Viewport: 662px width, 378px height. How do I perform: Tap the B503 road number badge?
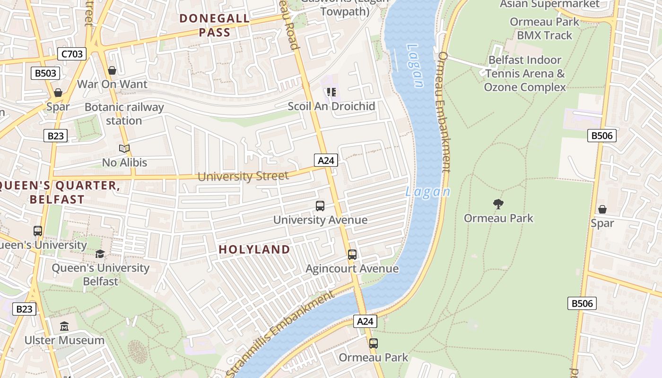click(46, 73)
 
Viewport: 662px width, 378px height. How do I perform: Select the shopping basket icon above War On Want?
click(112, 70)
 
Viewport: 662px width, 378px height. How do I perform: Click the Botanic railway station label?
click(124, 114)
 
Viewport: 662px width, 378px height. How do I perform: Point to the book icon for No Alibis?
click(124, 149)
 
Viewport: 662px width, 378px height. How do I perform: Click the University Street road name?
click(243, 177)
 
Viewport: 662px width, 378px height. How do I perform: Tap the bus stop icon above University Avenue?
click(320, 206)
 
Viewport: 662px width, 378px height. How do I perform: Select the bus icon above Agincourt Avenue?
click(352, 255)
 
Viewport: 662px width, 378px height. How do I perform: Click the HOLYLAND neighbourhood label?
click(254, 249)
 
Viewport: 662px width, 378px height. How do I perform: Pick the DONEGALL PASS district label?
click(215, 26)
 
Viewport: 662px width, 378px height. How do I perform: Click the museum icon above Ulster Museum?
click(64, 326)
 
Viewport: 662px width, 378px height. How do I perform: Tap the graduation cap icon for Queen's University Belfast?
click(100, 254)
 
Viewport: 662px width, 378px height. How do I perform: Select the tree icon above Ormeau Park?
click(498, 204)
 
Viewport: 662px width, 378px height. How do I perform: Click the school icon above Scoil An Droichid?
click(331, 92)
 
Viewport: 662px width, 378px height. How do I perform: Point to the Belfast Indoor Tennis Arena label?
click(525, 74)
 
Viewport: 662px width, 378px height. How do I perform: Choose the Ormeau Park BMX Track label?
click(544, 28)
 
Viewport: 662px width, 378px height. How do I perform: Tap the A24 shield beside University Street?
click(326, 160)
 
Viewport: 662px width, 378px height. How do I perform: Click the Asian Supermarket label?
click(549, 4)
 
